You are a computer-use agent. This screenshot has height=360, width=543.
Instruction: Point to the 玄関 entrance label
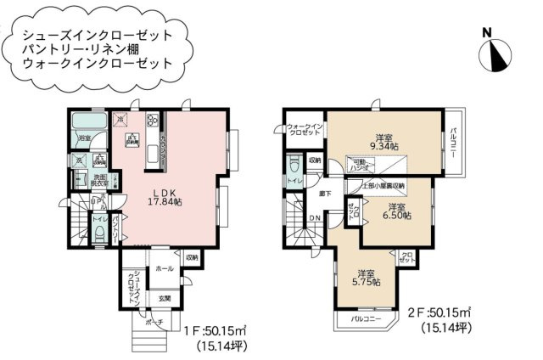pos(163,298)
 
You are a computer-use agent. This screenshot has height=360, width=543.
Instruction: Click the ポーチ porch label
pos(153,323)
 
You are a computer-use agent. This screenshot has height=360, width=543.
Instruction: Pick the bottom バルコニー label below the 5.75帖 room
pos(367,320)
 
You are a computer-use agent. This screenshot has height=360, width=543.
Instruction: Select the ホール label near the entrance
pos(165,268)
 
